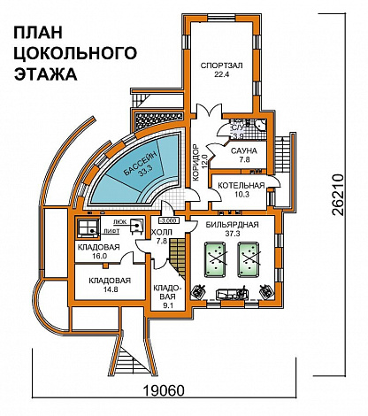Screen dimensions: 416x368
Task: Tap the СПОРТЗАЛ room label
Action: pyautogui.click(x=223, y=64)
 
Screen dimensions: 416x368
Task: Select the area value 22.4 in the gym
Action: pyautogui.click(x=223, y=74)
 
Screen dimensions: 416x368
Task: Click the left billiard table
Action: pyautogui.click(x=218, y=258)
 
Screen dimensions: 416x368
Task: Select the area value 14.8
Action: pyautogui.click(x=109, y=289)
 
